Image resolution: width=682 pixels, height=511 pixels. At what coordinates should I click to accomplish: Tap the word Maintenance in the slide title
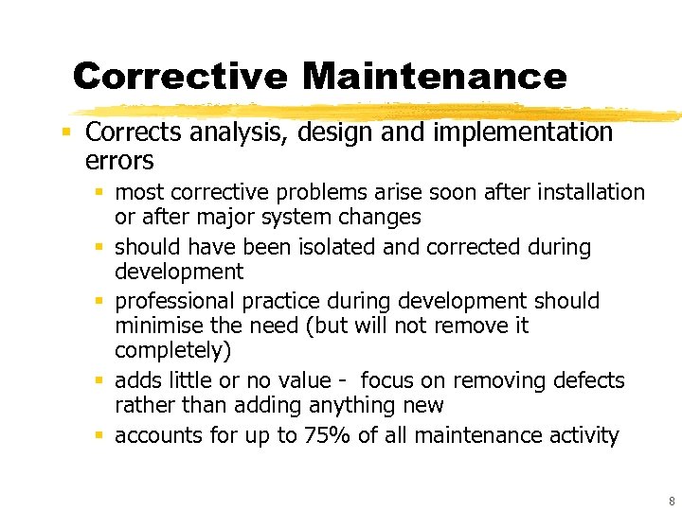point(435,76)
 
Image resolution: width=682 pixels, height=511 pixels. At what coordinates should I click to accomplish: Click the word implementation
point(523,133)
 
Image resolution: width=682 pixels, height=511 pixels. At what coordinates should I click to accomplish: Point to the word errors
point(119,160)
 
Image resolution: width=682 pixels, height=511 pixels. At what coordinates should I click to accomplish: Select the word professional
point(175,301)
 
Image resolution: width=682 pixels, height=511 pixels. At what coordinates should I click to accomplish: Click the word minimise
point(154,326)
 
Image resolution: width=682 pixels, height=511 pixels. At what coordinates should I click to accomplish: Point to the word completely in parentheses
point(166,351)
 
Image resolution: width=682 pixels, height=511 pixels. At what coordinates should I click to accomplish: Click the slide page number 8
point(672,502)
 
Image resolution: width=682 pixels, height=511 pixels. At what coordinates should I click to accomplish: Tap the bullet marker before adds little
point(100,381)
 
